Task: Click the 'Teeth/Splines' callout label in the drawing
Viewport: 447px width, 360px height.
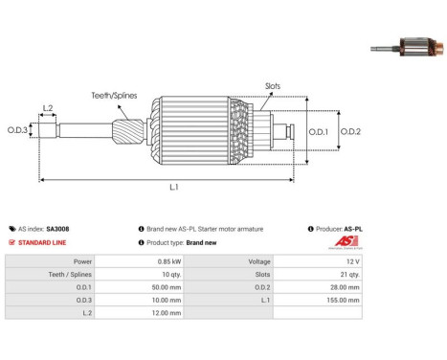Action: coord(114,96)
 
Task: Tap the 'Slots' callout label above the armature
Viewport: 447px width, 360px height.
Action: coord(273,86)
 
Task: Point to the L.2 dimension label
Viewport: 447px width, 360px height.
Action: coord(48,108)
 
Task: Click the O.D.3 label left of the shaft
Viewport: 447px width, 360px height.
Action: coord(17,130)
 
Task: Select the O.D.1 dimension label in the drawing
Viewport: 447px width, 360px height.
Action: coord(318,131)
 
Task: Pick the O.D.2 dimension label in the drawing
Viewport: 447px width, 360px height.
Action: coord(350,131)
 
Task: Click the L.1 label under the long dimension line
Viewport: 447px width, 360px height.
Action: coord(174,187)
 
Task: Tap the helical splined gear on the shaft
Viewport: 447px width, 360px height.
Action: coord(127,131)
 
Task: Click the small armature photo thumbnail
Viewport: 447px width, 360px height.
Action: coord(407,47)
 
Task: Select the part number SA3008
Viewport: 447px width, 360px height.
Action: coord(57,229)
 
